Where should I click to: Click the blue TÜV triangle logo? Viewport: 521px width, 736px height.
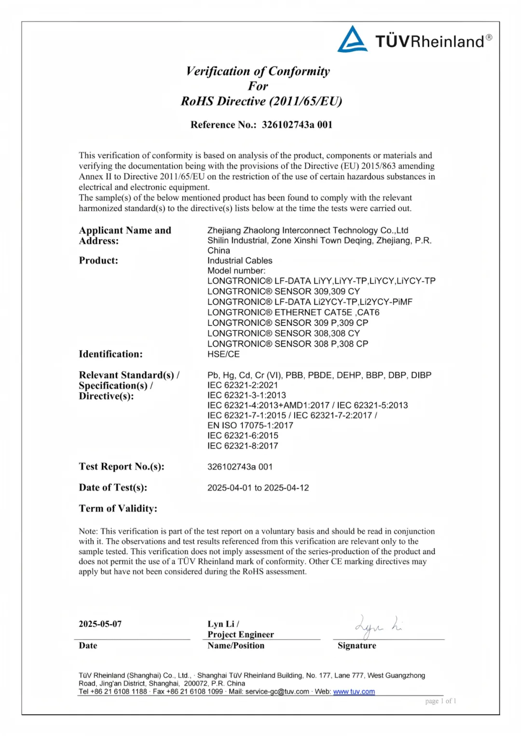pos(352,39)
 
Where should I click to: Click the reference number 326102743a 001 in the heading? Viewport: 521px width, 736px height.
pos(297,125)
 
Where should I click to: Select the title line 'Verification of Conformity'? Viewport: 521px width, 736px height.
pos(258,71)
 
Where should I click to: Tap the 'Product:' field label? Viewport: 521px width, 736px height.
pos(98,260)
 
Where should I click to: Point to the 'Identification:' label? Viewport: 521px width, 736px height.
pos(110,354)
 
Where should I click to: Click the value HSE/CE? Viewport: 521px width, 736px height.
pos(223,354)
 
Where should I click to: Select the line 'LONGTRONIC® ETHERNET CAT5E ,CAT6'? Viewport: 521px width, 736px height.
pos(293,313)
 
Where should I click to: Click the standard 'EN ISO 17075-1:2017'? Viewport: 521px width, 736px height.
pos(250,425)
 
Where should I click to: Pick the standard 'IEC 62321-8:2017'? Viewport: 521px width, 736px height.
pos(243,446)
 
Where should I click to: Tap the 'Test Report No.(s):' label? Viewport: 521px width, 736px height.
pos(122,466)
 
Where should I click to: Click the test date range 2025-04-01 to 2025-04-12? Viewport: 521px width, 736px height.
pos(258,488)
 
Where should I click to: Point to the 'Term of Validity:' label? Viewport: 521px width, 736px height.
pos(118,508)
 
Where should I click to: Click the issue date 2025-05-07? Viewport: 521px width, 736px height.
pos(100,624)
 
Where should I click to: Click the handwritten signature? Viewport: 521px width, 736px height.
pos(378,626)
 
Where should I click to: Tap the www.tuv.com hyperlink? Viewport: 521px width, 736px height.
pos(354,692)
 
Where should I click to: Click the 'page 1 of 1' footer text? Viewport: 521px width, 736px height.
pos(440,701)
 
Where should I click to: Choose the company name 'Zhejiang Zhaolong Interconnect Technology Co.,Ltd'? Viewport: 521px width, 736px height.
pos(308,231)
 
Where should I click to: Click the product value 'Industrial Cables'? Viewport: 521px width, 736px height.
pos(240,260)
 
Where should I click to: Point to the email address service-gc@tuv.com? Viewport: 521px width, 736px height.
pos(277,692)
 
